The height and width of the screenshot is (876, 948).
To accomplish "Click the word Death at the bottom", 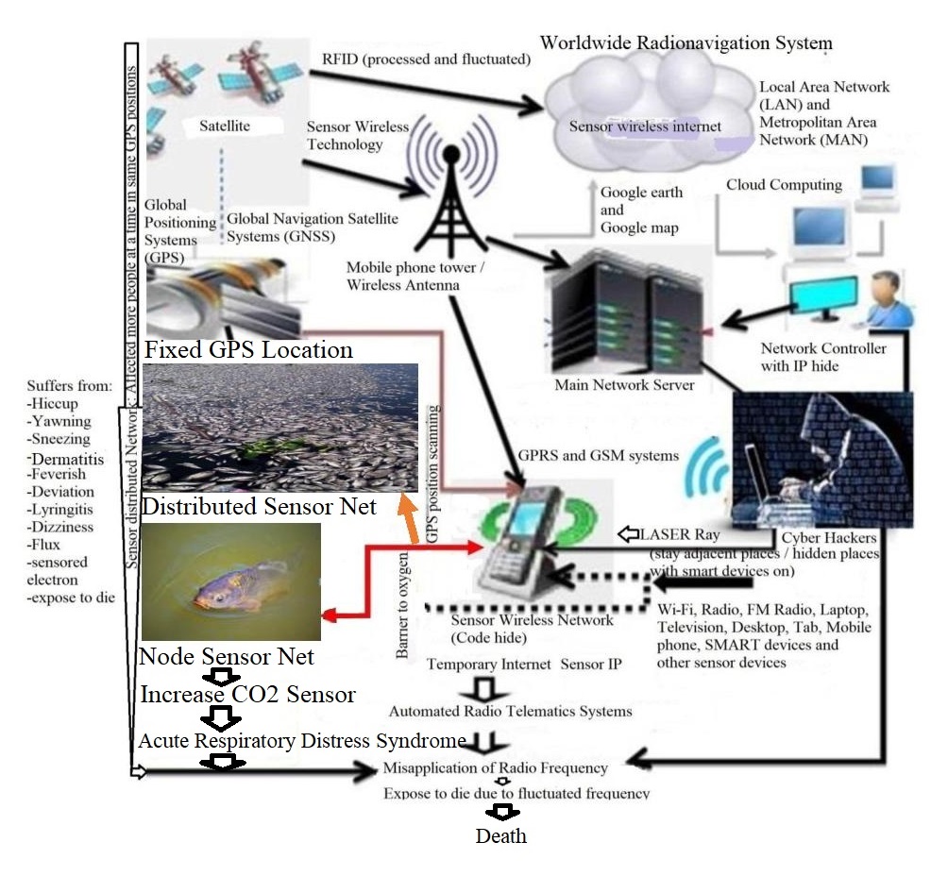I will tap(500, 836).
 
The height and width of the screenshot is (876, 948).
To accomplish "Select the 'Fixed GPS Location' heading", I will tap(248, 350).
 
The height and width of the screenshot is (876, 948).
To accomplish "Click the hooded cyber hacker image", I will tap(821, 458).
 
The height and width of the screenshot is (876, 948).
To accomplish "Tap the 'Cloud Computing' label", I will tap(784, 185).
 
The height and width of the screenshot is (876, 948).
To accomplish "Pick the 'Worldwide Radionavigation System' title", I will tap(686, 43).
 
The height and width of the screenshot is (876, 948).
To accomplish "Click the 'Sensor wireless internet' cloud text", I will tap(645, 126).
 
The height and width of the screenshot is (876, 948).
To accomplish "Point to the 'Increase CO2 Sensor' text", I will tap(247, 695).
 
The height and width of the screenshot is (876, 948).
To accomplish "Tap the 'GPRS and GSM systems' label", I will tap(598, 456).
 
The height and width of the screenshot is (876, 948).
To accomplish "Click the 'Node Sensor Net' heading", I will tap(227, 655).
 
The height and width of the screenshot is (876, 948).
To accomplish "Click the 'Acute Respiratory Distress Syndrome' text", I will tap(302, 740).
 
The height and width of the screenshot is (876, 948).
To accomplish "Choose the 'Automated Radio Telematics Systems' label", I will tap(511, 711).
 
